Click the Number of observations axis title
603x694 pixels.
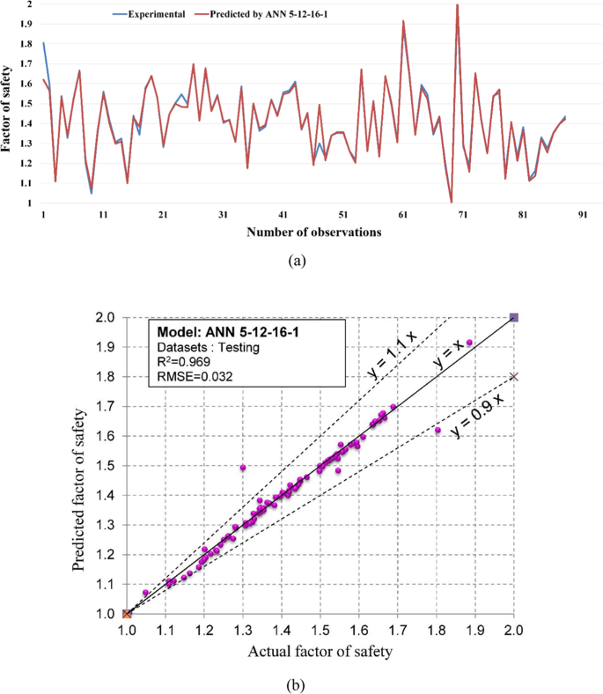pos(313,233)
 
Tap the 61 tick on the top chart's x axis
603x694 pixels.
pos(403,214)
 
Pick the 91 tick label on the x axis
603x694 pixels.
pos(583,214)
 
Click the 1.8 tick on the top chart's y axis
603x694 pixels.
pos(29,43)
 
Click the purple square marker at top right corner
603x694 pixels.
pos(515,317)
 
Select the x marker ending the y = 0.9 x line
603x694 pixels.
pos(515,377)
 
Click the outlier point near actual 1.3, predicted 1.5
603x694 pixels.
pos(243,467)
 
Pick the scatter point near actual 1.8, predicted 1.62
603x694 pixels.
pos(438,430)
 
